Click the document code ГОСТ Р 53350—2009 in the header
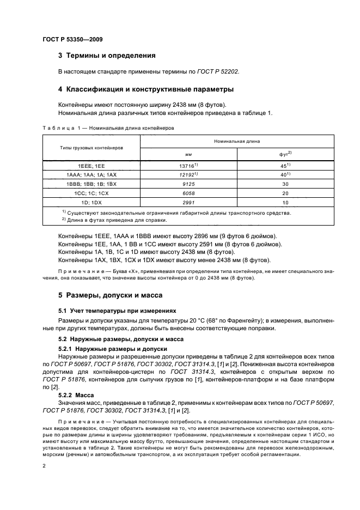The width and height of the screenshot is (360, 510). coord(72,40)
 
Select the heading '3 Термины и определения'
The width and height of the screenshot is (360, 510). coord(107,56)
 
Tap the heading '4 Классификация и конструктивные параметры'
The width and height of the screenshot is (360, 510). coord(147,89)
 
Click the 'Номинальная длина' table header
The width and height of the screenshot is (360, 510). coord(237,141)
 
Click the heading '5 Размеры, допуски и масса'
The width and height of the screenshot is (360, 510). coord(108,295)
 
